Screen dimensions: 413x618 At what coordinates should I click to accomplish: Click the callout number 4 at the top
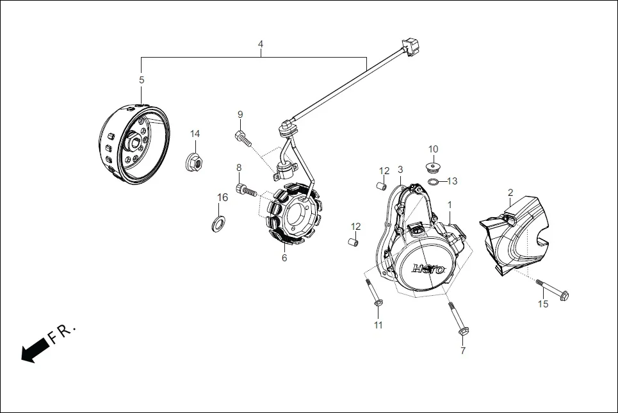click(261, 44)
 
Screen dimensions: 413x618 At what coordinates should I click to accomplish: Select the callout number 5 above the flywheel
click(142, 80)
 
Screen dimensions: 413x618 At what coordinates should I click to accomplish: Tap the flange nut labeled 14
click(195, 163)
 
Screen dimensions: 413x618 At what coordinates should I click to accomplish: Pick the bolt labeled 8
click(246, 190)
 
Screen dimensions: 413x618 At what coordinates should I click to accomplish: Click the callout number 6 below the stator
click(284, 258)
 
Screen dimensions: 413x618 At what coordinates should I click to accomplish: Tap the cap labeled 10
click(433, 168)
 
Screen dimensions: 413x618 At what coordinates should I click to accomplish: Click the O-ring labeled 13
click(434, 182)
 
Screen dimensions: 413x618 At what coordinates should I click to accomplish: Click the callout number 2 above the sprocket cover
click(510, 192)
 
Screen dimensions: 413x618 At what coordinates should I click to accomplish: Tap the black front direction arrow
click(35, 350)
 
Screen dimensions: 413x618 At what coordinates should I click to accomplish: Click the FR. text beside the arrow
click(63, 334)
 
